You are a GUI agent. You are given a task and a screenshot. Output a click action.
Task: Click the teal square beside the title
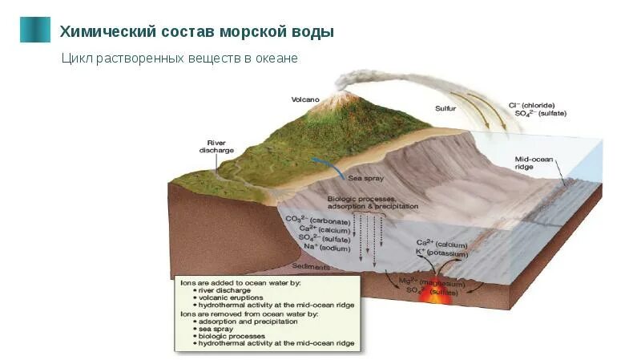tap(34, 30)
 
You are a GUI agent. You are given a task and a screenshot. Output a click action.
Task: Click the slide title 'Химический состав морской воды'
tap(196, 31)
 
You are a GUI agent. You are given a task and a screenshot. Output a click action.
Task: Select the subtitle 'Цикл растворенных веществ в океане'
tap(179, 59)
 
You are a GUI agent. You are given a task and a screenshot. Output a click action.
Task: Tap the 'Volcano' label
tap(305, 99)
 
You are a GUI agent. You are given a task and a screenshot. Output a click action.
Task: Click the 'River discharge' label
tap(216, 147)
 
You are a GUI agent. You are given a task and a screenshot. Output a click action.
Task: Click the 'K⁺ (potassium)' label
tap(440, 252)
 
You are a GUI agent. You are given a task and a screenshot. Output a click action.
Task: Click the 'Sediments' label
tap(309, 266)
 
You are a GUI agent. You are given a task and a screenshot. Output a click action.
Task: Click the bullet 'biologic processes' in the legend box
tap(230, 336)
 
